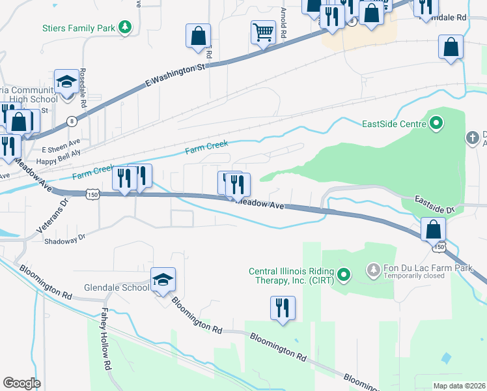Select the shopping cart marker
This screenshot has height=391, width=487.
263,32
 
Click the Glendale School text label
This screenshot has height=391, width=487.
117,287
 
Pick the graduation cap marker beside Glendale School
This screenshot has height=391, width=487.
163,280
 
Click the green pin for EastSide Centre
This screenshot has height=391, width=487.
436,123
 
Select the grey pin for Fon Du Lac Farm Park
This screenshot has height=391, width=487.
373,268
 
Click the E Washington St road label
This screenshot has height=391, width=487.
176,74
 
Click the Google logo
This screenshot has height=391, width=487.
21,383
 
